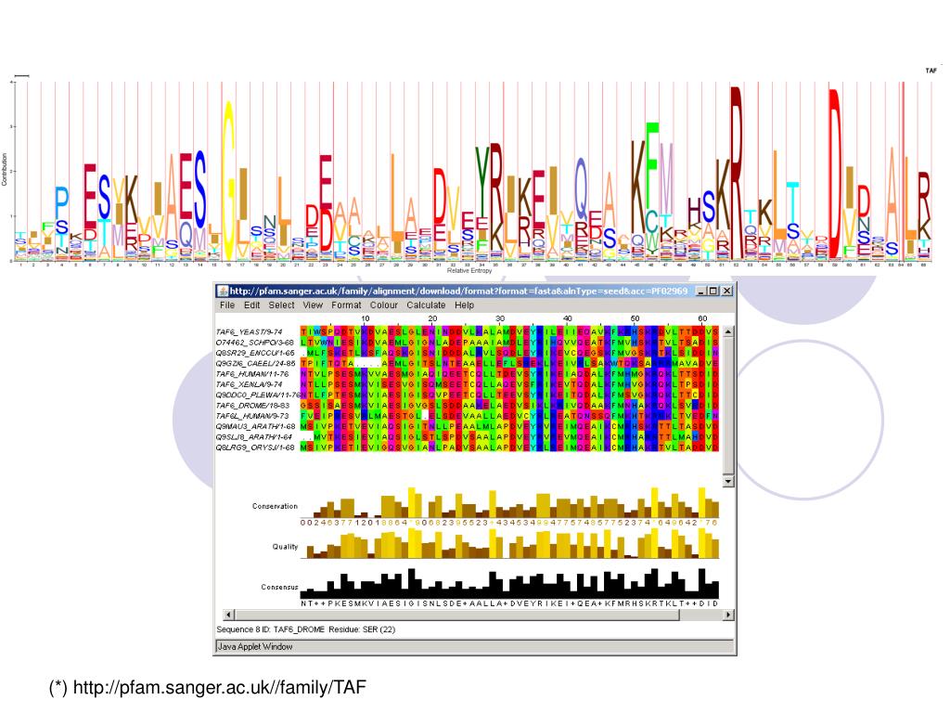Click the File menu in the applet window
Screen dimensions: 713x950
click(x=226, y=305)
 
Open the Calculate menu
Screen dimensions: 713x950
click(x=426, y=305)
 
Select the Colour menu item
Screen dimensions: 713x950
click(x=383, y=305)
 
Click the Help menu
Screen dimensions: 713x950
click(x=465, y=305)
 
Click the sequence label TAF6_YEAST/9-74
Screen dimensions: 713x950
click(x=248, y=331)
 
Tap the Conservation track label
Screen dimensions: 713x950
click(x=275, y=506)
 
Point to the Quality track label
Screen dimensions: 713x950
click(x=285, y=546)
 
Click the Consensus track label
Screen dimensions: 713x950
click(x=279, y=588)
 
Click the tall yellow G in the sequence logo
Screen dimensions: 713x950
click(x=228, y=176)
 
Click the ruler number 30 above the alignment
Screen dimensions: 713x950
click(x=499, y=318)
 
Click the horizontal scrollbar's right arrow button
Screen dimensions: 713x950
click(x=727, y=615)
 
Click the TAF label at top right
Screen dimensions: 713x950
click(x=931, y=71)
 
